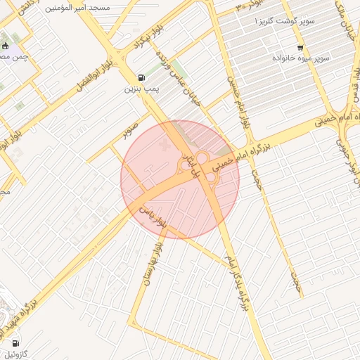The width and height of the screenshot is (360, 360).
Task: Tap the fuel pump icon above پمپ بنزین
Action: coord(143,77)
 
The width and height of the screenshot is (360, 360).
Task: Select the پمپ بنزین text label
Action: coord(139,89)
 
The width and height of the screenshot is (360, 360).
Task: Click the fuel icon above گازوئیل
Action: coord(15,343)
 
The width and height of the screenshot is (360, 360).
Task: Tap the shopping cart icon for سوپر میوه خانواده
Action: coord(301,48)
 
